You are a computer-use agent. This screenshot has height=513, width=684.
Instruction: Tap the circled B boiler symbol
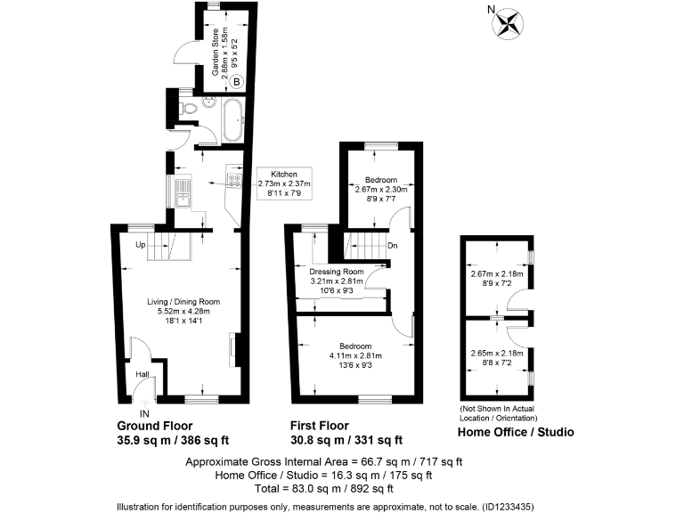pos(237,83)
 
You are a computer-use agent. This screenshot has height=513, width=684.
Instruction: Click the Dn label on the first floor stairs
pos(392,246)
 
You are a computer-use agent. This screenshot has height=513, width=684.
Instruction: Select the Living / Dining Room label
pos(184,302)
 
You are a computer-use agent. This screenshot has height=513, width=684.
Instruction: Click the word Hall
pos(141,374)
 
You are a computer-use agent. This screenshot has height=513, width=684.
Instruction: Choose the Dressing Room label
pos(338,271)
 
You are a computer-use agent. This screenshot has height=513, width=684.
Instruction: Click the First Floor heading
pos(320,426)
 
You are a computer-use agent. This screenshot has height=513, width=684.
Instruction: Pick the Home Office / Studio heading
pos(515,432)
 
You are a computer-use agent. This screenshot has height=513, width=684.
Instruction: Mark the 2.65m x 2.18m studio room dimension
pos(498,353)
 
